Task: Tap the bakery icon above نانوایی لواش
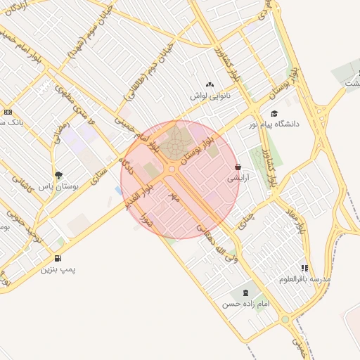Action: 210,84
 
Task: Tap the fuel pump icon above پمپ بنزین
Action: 57,258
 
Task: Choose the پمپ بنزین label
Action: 58,269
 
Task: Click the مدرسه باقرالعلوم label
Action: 304,279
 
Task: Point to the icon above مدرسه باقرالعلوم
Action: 304,268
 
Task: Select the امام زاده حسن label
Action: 246,304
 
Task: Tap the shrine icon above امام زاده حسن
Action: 245,292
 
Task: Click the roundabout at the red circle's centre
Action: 172,169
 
